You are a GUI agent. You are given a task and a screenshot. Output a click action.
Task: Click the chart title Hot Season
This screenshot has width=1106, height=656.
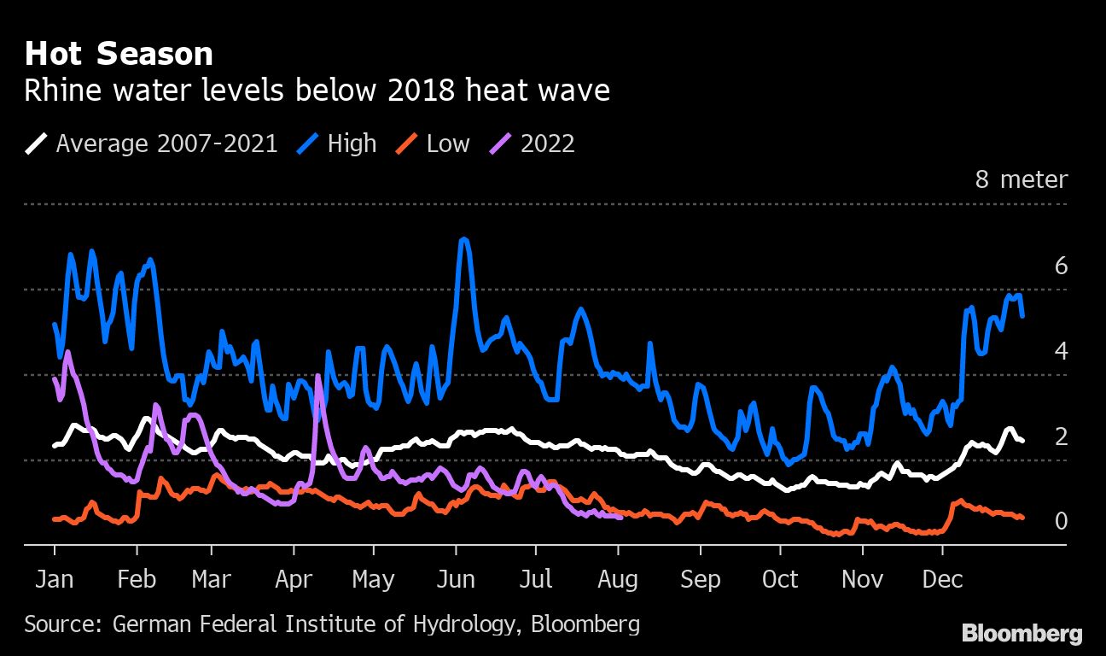tap(119, 54)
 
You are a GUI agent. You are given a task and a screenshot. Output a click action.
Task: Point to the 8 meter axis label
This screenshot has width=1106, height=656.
tap(1021, 179)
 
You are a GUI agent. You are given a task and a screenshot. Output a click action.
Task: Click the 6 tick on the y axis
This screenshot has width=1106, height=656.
tap(1061, 266)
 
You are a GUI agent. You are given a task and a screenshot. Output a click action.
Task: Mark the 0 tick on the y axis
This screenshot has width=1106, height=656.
tap(1061, 521)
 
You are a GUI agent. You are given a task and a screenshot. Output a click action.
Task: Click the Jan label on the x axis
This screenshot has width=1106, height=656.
tap(54, 579)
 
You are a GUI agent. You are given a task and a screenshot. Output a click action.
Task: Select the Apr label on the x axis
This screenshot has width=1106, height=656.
tap(294, 579)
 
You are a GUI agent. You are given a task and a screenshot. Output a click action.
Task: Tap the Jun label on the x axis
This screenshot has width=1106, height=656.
tap(456, 579)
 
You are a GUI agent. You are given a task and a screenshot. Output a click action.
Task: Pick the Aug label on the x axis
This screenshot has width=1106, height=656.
tap(618, 579)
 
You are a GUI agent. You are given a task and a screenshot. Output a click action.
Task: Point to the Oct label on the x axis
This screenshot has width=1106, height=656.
tap(780, 579)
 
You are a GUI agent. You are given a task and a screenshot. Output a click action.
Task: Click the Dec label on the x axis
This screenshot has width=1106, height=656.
tap(942, 579)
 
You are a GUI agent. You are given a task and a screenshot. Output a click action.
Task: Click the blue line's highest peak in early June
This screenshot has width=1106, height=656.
tap(463, 240)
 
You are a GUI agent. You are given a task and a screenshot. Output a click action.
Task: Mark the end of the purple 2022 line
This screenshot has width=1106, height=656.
tap(620, 516)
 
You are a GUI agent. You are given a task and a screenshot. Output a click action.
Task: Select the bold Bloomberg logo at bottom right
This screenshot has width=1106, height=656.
tap(1022, 634)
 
